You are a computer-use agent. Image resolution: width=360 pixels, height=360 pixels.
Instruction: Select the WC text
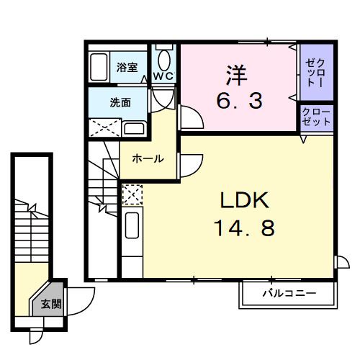tap(163, 76)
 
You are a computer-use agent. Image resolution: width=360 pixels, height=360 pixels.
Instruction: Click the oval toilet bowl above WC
tap(165, 57)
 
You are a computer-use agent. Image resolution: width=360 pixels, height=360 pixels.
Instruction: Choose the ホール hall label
tap(147, 158)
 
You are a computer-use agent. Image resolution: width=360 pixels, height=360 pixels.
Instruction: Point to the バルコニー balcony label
tap(289, 294)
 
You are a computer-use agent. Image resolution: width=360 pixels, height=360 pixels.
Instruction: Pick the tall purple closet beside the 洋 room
tap(316, 71)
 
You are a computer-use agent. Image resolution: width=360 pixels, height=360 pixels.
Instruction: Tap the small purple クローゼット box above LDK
tap(316, 117)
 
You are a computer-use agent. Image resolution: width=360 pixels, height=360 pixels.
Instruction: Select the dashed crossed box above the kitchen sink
tap(132, 195)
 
